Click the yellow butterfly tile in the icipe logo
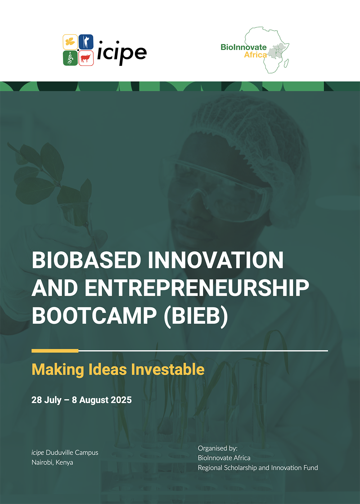(x=70, y=42)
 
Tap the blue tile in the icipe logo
(x=86, y=42)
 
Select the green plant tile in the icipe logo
(x=70, y=58)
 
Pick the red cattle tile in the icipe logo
(x=86, y=58)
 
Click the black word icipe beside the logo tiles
(x=122, y=53)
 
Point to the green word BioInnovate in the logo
(x=244, y=47)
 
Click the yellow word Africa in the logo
(x=255, y=55)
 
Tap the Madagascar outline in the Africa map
(x=286, y=63)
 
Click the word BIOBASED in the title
(x=86, y=260)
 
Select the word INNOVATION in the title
(x=216, y=260)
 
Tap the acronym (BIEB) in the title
(x=196, y=316)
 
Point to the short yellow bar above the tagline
(x=55, y=351)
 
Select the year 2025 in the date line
(x=121, y=400)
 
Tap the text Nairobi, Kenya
(x=53, y=463)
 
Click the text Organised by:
(x=217, y=448)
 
